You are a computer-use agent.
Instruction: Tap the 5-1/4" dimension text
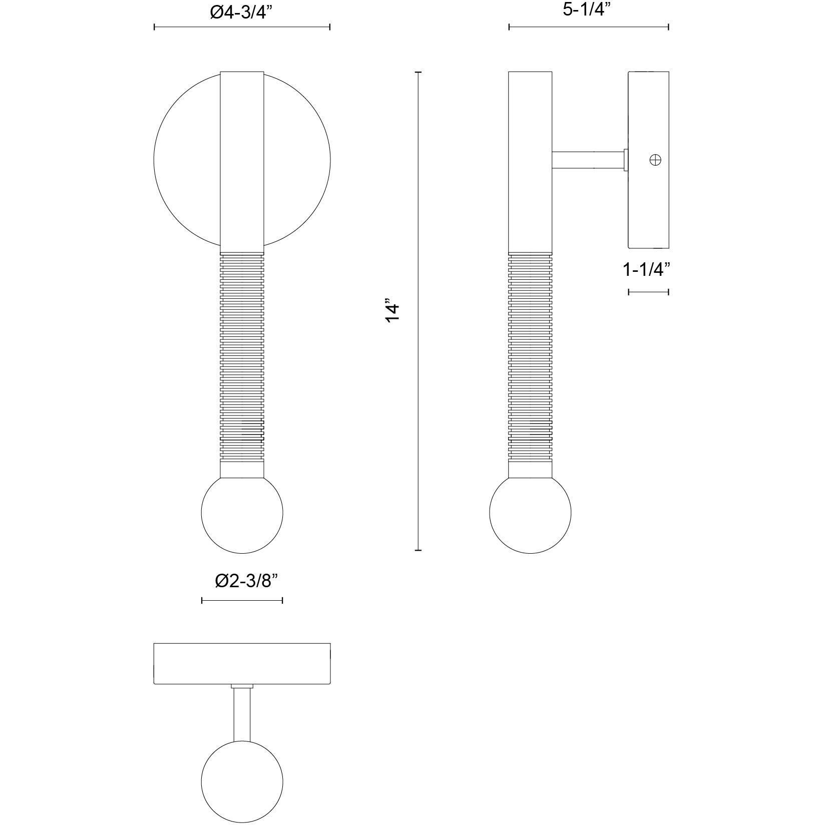pos(588,10)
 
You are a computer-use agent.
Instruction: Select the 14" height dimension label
pos(393,311)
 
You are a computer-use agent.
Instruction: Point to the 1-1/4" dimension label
pos(646,270)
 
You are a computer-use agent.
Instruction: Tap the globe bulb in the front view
pos(242,513)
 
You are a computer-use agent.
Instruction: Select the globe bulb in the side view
pos(530,513)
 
